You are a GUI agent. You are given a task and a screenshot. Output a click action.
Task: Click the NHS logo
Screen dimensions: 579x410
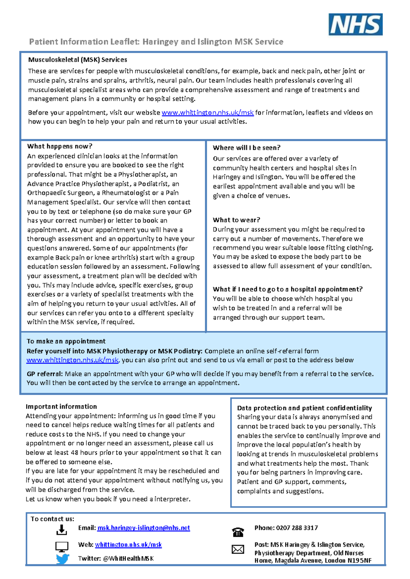(x=355, y=25)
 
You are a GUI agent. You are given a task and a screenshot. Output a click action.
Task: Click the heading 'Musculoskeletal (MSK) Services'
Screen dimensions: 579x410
(x=78, y=60)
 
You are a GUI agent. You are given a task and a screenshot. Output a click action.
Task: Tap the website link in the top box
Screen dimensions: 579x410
(x=207, y=113)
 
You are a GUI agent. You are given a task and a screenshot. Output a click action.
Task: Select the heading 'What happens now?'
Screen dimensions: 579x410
(x=60, y=146)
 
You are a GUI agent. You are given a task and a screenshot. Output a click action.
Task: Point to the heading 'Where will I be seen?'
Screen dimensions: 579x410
(x=246, y=148)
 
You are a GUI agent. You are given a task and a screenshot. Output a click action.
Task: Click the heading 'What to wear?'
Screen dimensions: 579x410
(x=236, y=220)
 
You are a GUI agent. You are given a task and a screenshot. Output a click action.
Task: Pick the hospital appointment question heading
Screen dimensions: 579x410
(x=287, y=289)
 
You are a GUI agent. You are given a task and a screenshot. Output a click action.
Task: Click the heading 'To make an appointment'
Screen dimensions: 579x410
(x=66, y=341)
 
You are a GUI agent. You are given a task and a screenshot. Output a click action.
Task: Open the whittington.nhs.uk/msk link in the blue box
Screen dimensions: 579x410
(x=72, y=360)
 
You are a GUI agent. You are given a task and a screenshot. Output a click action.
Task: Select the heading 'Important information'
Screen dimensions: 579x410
(x=61, y=407)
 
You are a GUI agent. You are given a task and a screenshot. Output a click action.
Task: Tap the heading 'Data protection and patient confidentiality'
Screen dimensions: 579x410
(x=304, y=408)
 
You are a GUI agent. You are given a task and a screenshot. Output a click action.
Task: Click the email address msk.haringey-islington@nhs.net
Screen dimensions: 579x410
(x=143, y=528)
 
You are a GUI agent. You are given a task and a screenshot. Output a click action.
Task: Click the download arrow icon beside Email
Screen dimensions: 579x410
(x=61, y=530)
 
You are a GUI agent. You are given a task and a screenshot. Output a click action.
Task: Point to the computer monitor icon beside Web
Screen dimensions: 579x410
(x=62, y=547)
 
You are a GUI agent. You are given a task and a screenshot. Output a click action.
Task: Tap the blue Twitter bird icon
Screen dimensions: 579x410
(x=63, y=559)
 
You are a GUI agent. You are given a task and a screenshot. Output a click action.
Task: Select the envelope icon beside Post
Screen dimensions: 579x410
(x=238, y=549)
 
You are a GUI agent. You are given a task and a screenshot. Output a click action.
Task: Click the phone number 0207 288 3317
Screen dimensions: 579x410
(x=297, y=528)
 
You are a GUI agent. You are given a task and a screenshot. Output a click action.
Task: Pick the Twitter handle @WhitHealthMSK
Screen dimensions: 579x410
(x=128, y=559)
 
